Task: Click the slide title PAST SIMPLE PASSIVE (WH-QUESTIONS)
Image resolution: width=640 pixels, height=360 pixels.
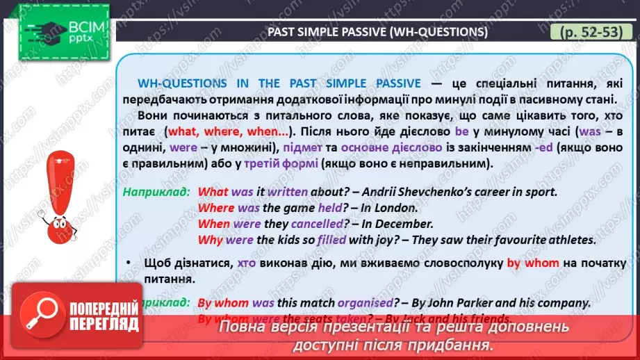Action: coord(378,33)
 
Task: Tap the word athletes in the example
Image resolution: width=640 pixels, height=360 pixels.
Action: coord(566,240)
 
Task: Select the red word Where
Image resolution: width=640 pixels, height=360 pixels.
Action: coord(216,208)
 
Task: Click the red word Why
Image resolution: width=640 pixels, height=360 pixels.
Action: coord(211,240)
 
